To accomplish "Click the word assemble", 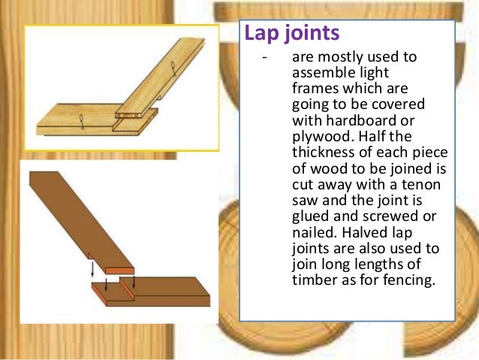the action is pyautogui.click(x=318, y=73).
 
